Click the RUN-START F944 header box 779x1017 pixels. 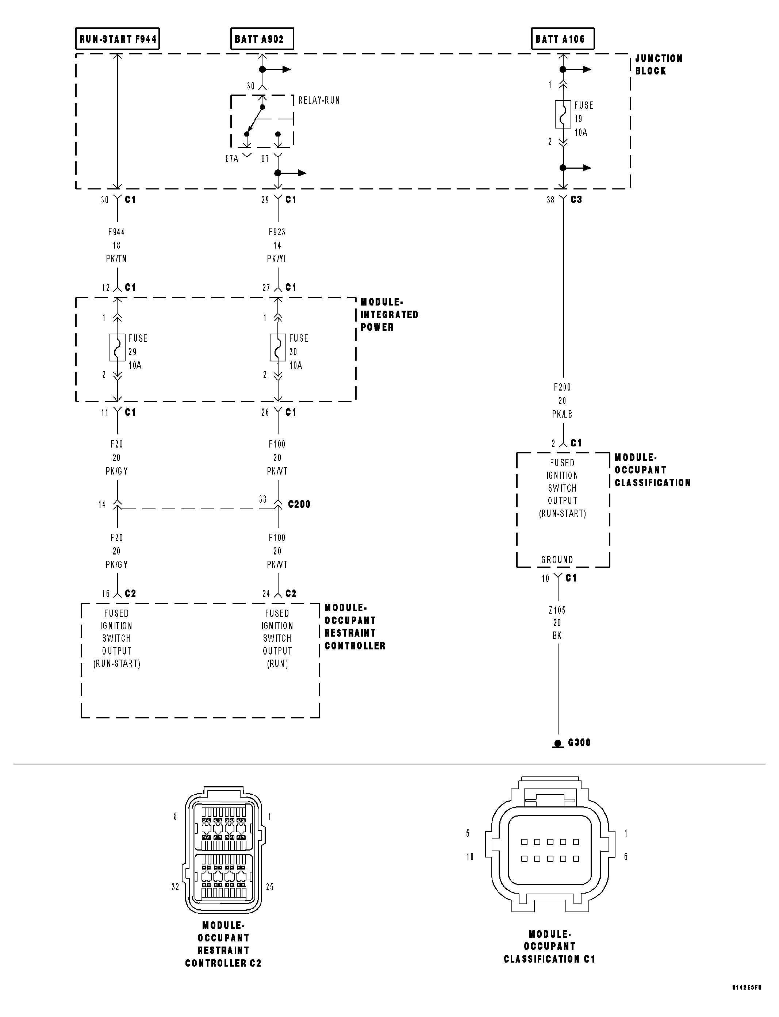(x=117, y=39)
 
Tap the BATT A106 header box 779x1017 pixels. (x=562, y=39)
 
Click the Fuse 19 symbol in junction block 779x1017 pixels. (x=563, y=114)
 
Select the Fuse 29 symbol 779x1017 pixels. (x=117, y=347)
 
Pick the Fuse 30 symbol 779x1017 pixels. (x=278, y=347)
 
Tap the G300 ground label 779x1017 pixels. (x=579, y=742)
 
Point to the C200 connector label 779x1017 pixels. (x=299, y=504)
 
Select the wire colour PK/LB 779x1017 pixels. (x=562, y=414)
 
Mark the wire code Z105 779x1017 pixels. (x=557, y=610)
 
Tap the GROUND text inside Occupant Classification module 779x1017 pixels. (x=557, y=560)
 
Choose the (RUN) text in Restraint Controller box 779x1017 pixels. (x=277, y=664)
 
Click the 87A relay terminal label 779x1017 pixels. (x=231, y=158)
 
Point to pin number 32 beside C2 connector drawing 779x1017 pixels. (x=175, y=887)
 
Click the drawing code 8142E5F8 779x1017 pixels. (x=747, y=1000)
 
